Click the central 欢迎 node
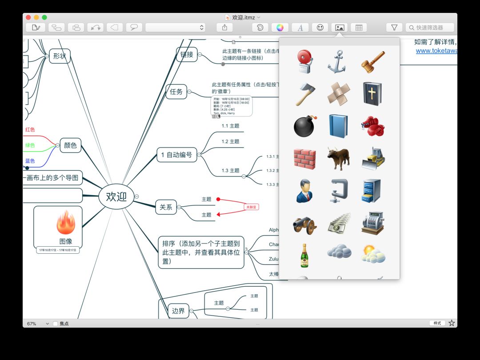click(116, 196)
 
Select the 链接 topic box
click(187, 55)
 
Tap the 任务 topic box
click(176, 92)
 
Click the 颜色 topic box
click(70, 145)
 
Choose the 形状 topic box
click(59, 56)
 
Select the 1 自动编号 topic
click(176, 155)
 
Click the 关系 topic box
click(166, 207)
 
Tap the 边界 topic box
click(178, 311)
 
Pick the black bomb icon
click(305, 126)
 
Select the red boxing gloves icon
click(373, 126)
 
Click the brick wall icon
click(305, 159)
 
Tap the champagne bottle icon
click(304, 255)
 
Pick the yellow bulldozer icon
click(373, 159)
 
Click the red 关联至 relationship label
click(252, 207)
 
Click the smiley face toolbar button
click(320, 28)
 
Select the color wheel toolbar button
click(280, 28)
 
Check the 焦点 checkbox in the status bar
click(56, 324)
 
